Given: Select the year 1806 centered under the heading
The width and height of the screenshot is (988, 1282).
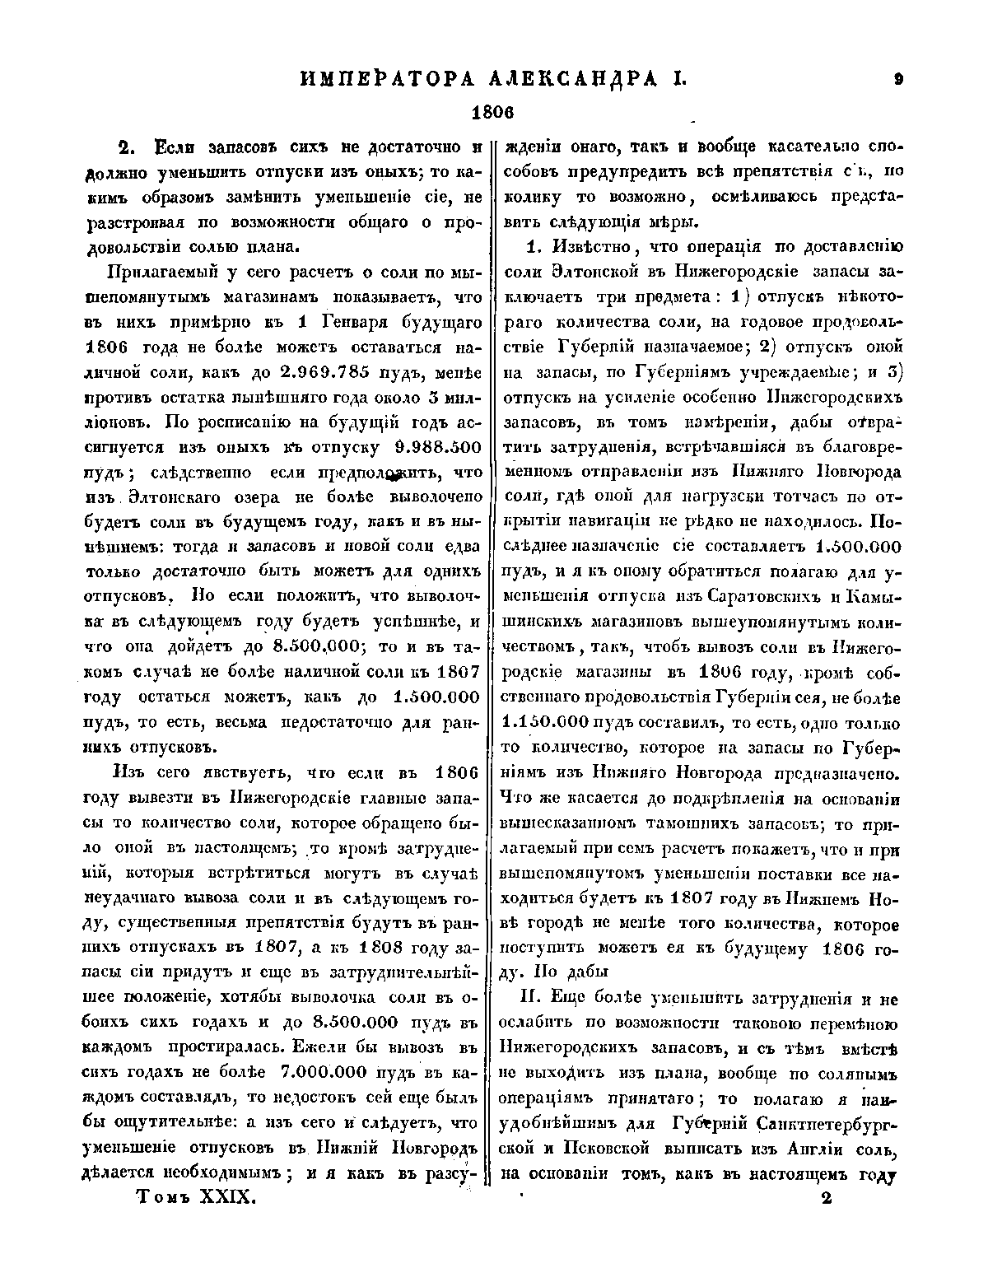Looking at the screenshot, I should click(x=492, y=111).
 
